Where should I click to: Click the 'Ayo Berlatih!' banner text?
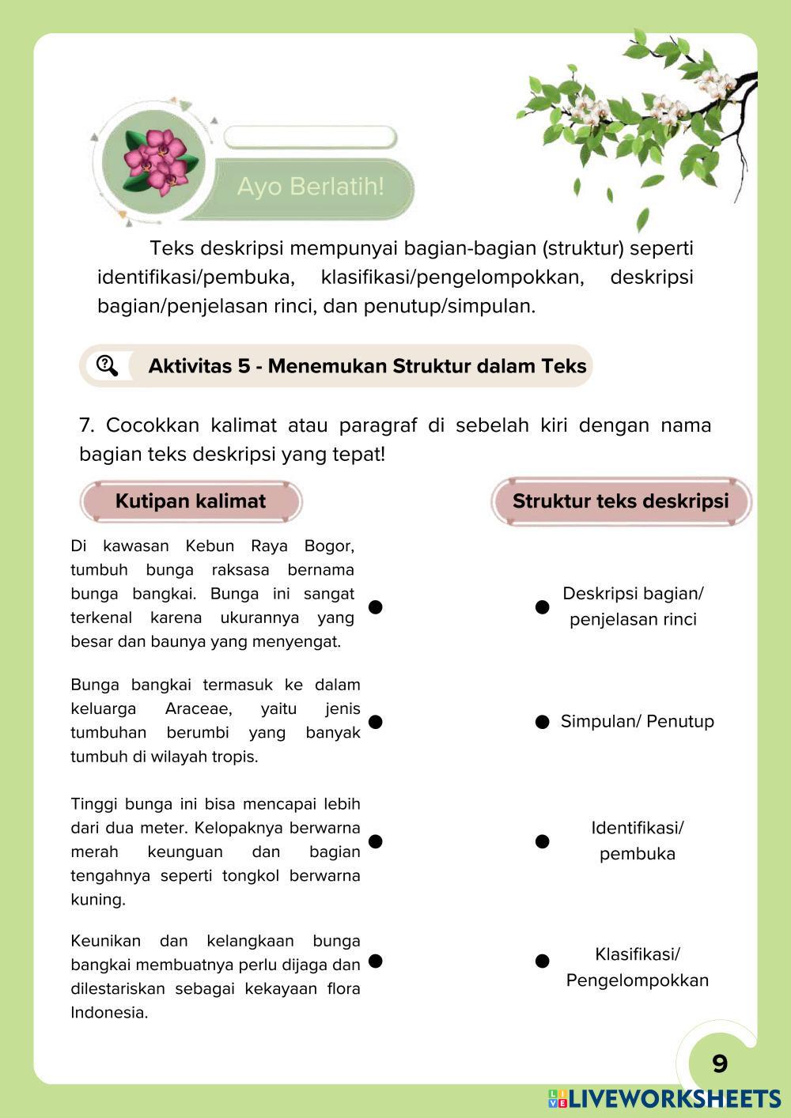pyautogui.click(x=310, y=187)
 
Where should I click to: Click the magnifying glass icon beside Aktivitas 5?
pyautogui.click(x=107, y=365)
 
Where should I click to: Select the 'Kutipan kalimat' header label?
pyautogui.click(x=191, y=501)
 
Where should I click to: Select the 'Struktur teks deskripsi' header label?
pyautogui.click(x=621, y=501)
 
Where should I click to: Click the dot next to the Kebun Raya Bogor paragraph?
pyautogui.click(x=376, y=606)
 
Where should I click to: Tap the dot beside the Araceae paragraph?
pyautogui.click(x=376, y=722)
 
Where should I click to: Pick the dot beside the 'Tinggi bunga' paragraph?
pyautogui.click(x=376, y=841)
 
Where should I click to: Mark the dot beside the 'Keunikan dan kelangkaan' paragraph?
pyautogui.click(x=376, y=961)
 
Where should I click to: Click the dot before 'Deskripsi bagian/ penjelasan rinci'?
pyautogui.click(x=542, y=606)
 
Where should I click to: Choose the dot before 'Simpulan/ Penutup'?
pyautogui.click(x=542, y=722)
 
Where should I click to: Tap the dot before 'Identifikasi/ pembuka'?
pyautogui.click(x=542, y=841)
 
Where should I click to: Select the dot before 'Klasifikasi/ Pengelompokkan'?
pyautogui.click(x=542, y=961)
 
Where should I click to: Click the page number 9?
pyautogui.click(x=719, y=1063)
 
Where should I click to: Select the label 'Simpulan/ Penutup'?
pyautogui.click(x=638, y=721)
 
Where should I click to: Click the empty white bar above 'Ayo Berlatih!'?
pyautogui.click(x=309, y=138)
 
